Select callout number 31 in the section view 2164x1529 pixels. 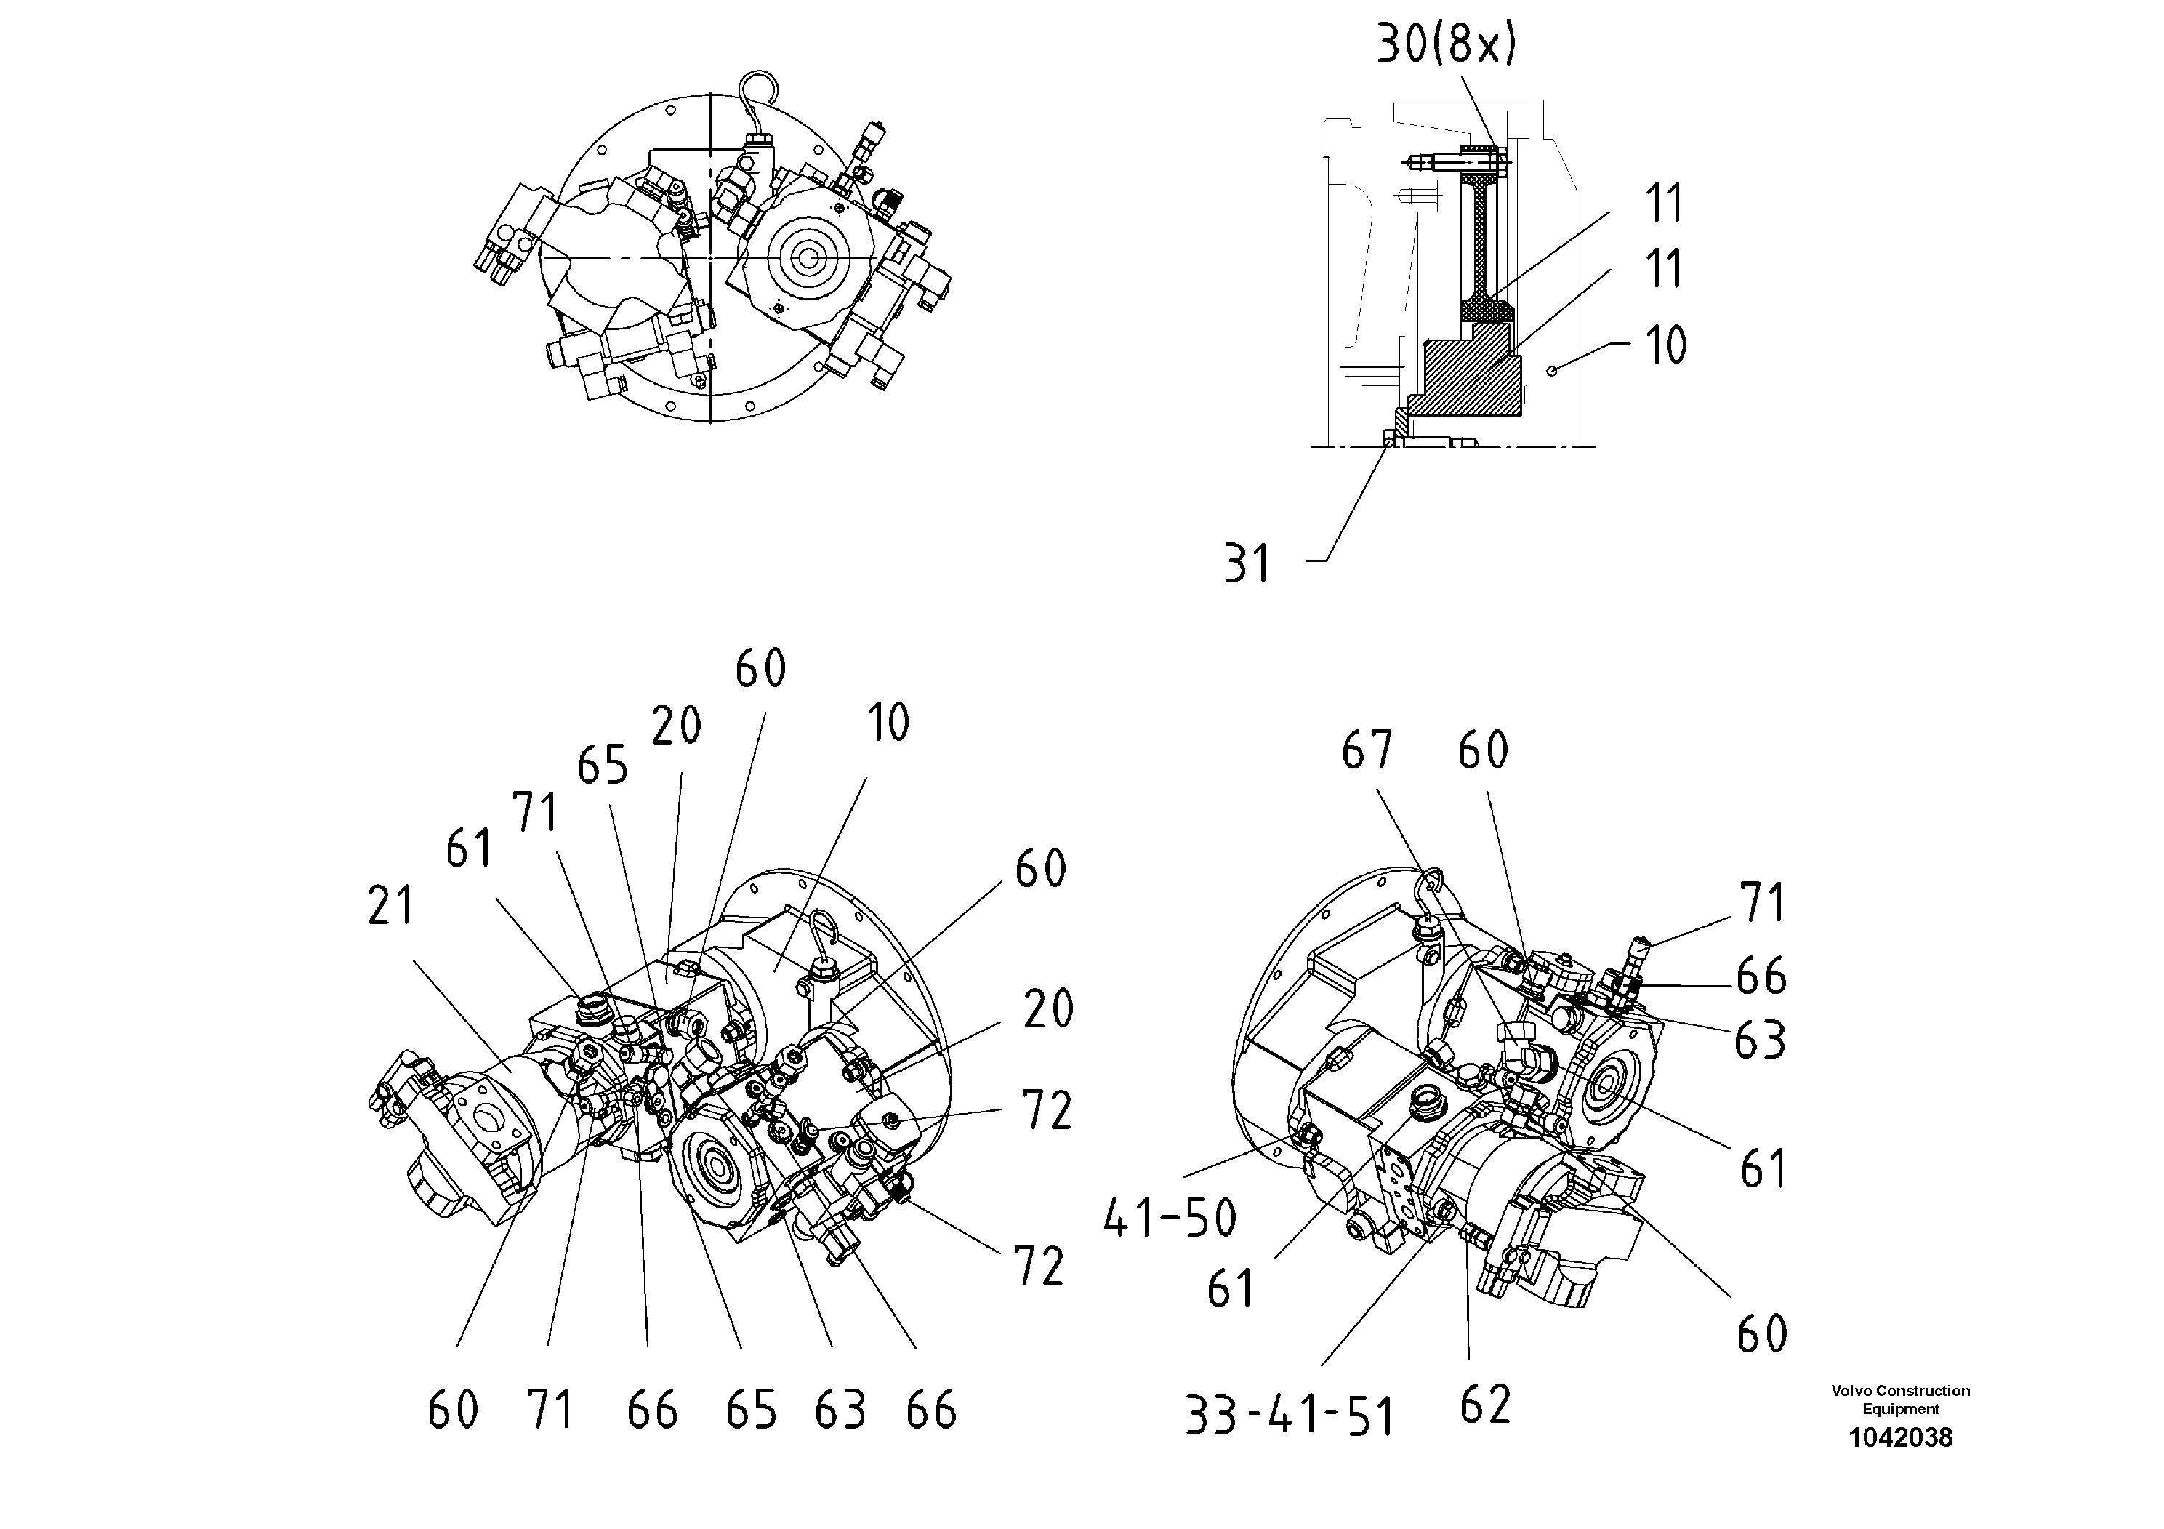1247,563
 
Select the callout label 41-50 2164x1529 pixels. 1170,1218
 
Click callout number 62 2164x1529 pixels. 1485,1405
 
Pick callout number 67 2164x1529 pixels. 1367,750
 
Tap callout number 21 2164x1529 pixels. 391,907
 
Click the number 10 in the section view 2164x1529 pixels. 1665,345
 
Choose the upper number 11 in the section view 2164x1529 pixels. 1664,204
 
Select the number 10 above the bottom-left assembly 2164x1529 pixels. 888,723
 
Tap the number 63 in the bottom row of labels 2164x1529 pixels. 840,1411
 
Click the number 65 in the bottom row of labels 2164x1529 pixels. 751,1411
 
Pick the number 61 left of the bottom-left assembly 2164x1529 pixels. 468,848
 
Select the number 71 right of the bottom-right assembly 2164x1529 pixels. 1761,903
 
